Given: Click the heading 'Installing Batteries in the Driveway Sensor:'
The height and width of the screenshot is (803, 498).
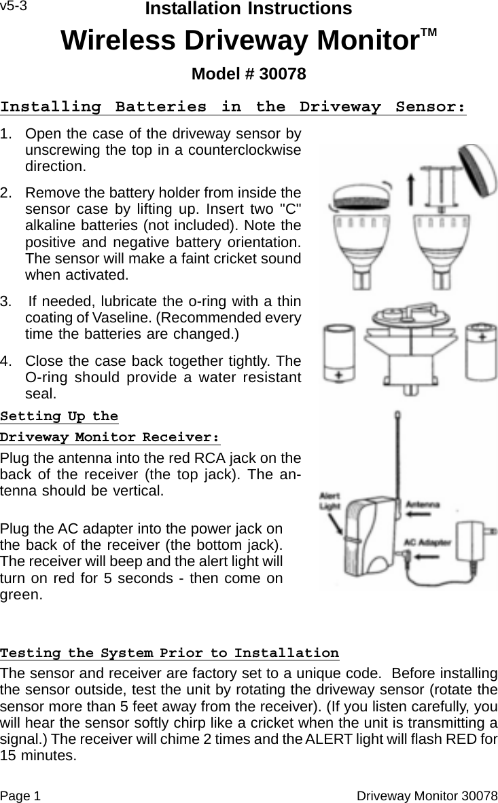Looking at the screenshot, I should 233,107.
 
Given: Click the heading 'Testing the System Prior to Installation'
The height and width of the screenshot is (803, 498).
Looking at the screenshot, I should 170,653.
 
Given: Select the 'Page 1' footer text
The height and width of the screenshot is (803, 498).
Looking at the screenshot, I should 20,795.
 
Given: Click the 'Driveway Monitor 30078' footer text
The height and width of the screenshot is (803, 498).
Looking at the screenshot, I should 427,795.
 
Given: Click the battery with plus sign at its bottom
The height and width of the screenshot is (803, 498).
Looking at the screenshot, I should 338,353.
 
